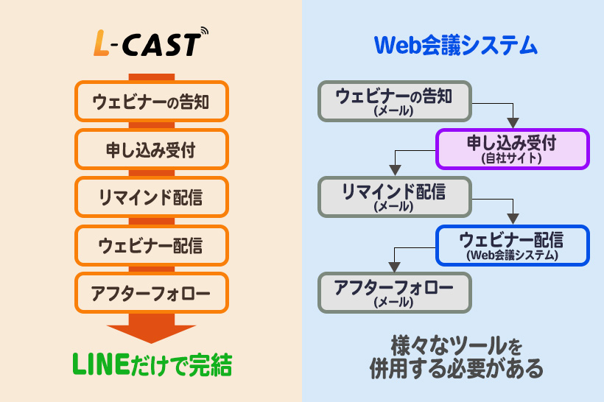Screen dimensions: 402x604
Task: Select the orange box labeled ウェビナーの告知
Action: point(152,102)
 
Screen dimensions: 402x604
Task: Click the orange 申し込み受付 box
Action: point(152,150)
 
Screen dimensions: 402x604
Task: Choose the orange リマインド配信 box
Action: point(152,197)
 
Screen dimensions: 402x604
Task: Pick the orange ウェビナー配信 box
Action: point(152,244)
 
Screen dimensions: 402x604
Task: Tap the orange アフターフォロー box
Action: point(152,293)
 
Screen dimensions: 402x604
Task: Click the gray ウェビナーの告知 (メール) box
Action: point(394,102)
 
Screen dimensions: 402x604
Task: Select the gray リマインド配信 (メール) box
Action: point(394,197)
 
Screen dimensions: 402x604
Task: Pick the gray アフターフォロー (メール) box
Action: point(394,292)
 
